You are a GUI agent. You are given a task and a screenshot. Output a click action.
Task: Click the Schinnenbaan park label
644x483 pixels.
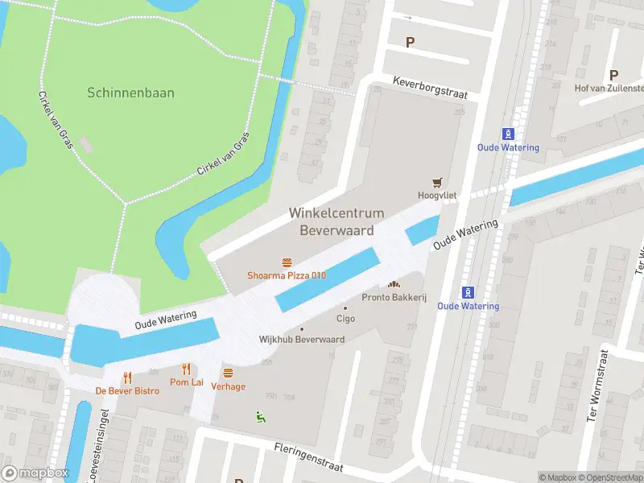point(130,93)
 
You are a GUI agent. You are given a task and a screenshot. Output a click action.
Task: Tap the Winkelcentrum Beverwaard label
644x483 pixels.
point(336,221)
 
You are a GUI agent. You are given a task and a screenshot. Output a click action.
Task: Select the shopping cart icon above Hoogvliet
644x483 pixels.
point(439,181)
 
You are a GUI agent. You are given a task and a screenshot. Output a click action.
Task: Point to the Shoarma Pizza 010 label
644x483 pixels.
point(287,276)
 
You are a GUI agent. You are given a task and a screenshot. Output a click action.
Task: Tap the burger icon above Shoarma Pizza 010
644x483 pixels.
point(287,262)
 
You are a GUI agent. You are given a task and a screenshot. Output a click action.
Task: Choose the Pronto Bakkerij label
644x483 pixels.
point(394,297)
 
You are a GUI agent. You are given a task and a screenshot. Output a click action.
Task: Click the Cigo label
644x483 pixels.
point(345,319)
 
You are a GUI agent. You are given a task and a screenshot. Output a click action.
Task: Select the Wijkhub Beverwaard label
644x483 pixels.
point(302,339)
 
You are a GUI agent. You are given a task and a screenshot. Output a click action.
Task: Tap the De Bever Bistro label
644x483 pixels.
point(127,391)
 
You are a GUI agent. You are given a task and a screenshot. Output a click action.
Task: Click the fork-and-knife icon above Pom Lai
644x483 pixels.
point(187,369)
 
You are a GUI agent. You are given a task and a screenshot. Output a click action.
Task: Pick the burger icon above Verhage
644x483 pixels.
point(228,373)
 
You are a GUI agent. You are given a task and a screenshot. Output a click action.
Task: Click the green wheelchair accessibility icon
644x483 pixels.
point(259,415)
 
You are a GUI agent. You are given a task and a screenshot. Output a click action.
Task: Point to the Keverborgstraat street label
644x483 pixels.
point(430,88)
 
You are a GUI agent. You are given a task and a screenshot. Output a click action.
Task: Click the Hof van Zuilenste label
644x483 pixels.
point(609,88)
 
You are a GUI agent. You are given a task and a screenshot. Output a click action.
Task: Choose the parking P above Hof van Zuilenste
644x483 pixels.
point(613,74)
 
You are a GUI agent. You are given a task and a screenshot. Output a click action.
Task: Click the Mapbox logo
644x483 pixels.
point(35,473)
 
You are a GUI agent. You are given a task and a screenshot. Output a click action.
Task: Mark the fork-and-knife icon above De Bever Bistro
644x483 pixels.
point(127,378)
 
